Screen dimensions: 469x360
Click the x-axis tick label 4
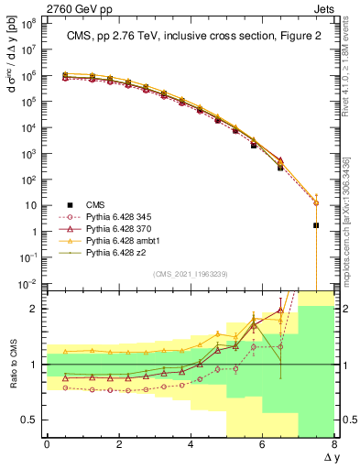click(191, 444)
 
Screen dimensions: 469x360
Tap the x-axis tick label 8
click(334, 444)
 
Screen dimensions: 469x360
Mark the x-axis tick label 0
click(47, 444)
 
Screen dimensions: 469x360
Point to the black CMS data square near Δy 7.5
click(316, 224)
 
